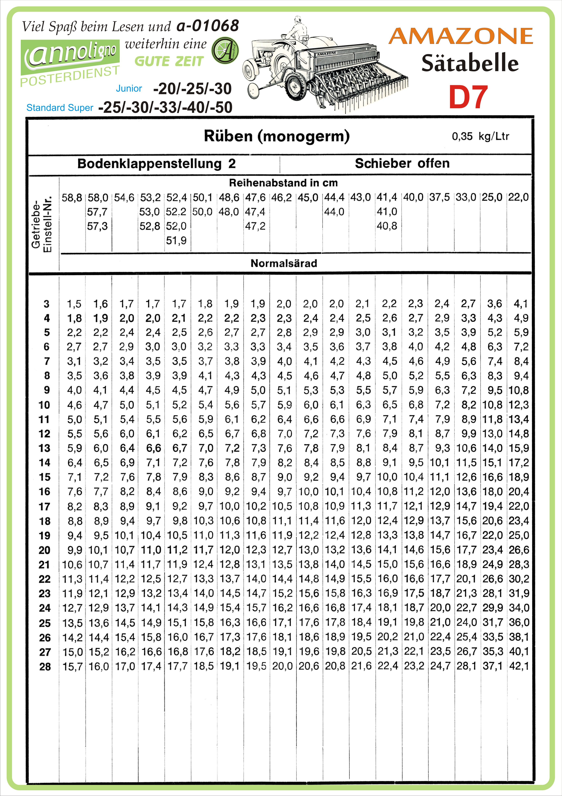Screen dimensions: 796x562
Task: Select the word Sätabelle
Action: point(470,63)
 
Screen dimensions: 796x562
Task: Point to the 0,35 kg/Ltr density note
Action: point(480,136)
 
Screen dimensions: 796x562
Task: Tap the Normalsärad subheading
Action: point(284,263)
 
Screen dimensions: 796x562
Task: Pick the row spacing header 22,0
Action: point(518,197)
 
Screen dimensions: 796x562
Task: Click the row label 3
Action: point(47,304)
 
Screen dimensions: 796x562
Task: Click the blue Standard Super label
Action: point(60,108)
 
